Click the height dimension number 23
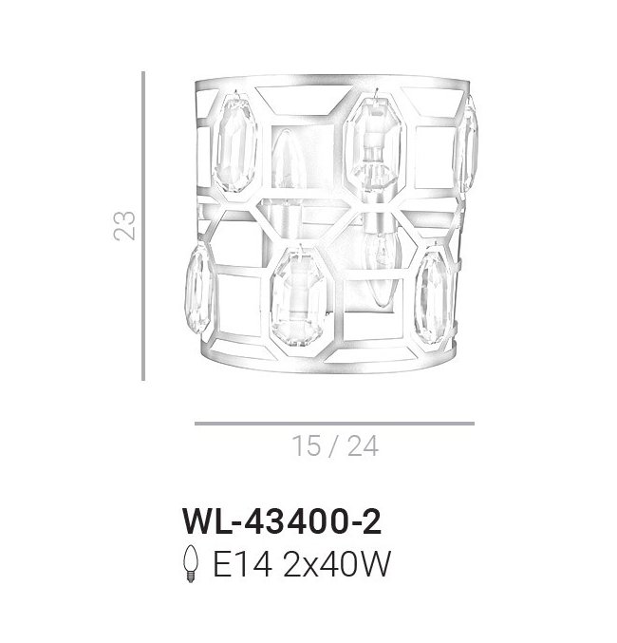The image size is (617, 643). [x=123, y=225]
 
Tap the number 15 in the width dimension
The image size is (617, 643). [x=307, y=445]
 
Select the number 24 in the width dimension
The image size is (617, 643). [x=363, y=445]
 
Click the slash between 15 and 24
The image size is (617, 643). [x=334, y=445]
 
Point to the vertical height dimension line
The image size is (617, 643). [x=143, y=226]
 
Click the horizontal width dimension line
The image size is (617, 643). [x=334, y=424]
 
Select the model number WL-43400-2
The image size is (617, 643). [x=282, y=522]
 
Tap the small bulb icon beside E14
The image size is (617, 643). [x=191, y=563]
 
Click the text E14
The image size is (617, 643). [x=242, y=564]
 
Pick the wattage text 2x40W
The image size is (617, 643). [x=336, y=564]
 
